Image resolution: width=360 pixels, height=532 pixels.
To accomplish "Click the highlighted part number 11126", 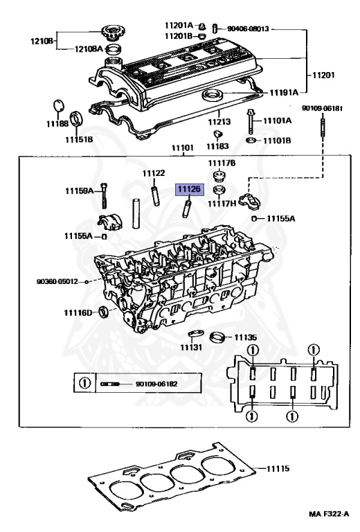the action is tap(189, 189).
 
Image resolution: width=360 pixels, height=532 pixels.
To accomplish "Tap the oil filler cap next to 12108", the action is tap(111, 33).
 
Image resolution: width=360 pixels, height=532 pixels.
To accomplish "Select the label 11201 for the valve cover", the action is tap(323, 75).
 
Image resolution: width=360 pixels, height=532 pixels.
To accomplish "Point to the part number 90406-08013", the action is tap(247, 29).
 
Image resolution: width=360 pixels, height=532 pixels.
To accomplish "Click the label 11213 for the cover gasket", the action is tap(219, 121).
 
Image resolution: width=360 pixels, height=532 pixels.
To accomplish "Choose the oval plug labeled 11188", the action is tap(59, 105).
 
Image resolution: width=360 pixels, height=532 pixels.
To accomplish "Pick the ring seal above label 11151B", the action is tap(77, 118).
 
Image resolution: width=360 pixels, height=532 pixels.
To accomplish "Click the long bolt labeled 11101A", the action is tap(251, 121).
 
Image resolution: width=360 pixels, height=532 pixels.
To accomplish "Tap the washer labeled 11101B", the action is tap(251, 140).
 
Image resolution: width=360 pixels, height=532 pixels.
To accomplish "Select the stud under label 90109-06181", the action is tap(323, 125).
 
